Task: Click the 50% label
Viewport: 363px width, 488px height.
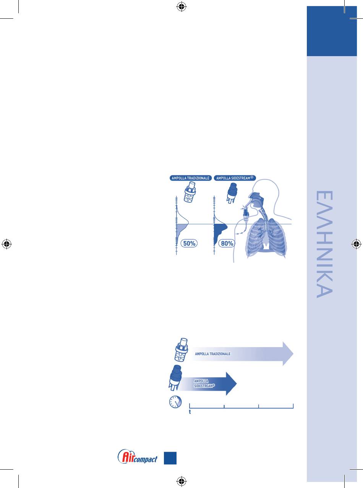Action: point(189,243)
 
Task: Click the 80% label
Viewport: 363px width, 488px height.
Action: point(227,243)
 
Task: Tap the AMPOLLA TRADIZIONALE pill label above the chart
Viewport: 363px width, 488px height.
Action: point(191,178)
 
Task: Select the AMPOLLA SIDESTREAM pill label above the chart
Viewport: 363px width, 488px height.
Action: point(235,178)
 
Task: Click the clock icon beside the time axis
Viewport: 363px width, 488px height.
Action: point(175,402)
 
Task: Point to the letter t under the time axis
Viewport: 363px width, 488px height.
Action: point(190,412)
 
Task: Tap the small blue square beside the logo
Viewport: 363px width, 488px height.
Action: point(170,458)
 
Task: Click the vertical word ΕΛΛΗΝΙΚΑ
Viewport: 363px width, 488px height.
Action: point(324,244)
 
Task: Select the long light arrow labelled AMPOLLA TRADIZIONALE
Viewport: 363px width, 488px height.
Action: point(242,354)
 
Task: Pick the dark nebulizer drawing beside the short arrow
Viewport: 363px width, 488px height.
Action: point(175,378)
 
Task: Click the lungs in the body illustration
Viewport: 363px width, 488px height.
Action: point(266,238)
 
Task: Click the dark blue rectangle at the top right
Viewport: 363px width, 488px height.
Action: point(332,31)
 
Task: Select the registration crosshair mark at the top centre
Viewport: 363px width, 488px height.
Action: point(181,7)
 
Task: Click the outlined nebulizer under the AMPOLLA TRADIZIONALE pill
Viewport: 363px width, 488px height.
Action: point(190,192)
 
